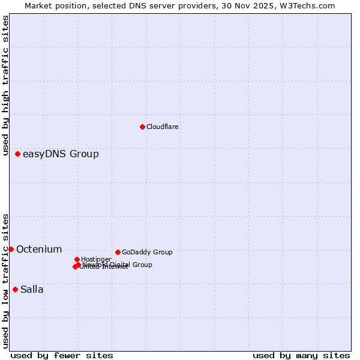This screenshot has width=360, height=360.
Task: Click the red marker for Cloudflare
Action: (x=142, y=127)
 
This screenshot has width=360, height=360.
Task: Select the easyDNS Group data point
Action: (x=17, y=154)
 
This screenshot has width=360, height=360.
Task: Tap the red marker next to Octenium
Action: (x=11, y=249)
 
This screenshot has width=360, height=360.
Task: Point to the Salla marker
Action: (x=15, y=289)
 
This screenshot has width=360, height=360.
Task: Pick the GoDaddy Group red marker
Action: (x=118, y=252)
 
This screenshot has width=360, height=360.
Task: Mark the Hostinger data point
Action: (x=77, y=259)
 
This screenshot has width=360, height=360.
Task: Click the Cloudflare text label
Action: (x=163, y=127)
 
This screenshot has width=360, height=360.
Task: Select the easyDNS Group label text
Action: (x=61, y=154)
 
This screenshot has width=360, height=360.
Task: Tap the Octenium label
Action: (x=39, y=249)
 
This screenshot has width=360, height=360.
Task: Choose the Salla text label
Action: (x=32, y=290)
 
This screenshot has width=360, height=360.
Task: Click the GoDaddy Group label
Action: (x=147, y=252)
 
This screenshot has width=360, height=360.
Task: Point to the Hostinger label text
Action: (x=96, y=259)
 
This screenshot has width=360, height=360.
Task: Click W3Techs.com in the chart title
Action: (x=307, y=6)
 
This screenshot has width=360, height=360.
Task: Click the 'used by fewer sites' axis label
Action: (x=62, y=355)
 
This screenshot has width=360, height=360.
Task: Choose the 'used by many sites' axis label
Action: (x=301, y=355)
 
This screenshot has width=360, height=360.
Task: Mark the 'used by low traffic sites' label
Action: (x=5, y=281)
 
